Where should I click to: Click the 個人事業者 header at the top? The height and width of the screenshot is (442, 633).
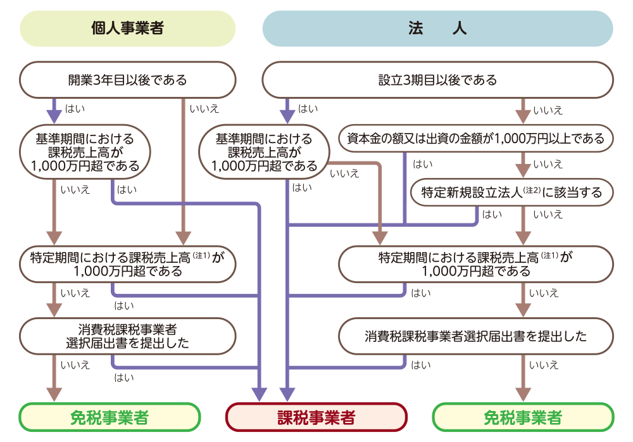[x=127, y=29]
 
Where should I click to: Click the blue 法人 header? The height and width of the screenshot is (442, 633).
[x=437, y=29]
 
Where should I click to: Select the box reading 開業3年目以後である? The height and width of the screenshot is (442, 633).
[x=127, y=80]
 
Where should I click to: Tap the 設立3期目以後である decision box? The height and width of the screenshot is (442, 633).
[x=437, y=80]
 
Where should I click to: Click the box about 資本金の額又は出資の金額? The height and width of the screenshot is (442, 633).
[x=475, y=139]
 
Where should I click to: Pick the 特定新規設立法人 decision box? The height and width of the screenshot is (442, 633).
[x=512, y=193]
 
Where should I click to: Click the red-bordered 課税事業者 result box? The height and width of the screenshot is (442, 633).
[x=316, y=417]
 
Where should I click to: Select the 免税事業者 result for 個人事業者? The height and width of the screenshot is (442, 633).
[x=110, y=417]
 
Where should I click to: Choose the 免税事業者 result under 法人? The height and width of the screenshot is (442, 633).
[x=522, y=417]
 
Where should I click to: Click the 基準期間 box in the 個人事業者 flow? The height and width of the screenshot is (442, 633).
[x=85, y=153]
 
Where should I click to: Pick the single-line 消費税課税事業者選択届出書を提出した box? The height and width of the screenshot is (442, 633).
[x=475, y=336]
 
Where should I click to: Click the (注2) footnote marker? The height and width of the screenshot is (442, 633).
[x=531, y=190]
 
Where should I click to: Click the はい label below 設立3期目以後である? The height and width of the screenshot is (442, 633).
[x=308, y=108]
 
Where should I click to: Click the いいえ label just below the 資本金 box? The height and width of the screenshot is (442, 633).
[x=548, y=165]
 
